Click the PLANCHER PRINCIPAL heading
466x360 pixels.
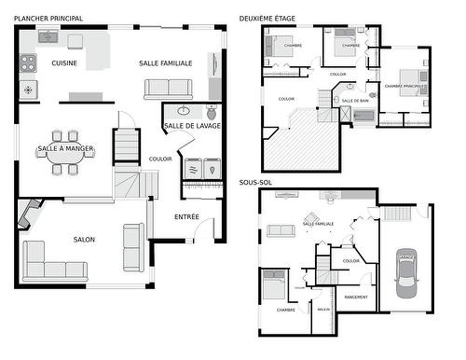click(48, 18)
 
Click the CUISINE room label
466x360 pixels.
click(64, 63)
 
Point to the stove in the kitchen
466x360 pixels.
click(29, 63)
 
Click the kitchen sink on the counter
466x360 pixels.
click(48, 38)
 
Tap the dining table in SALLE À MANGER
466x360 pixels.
click(64, 149)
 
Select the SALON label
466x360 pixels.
click(84, 240)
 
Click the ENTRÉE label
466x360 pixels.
click(186, 216)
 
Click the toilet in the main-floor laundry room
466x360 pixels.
click(174, 108)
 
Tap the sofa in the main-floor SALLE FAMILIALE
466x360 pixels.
click(168, 89)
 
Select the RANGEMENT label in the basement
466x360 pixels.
click(355, 297)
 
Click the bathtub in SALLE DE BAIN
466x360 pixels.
click(363, 117)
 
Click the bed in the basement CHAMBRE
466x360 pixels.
click(274, 286)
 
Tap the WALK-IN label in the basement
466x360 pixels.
click(323, 309)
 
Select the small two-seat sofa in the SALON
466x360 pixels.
click(134, 247)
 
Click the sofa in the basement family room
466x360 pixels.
click(281, 231)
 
